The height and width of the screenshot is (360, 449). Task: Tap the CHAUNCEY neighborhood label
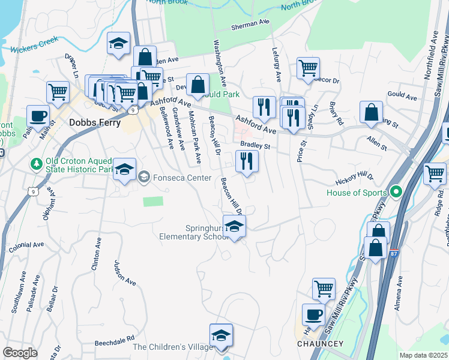(321, 344)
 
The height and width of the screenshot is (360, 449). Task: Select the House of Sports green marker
(396, 193)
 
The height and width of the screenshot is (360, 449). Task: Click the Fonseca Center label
(180, 178)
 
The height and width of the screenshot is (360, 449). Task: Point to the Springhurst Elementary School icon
(234, 227)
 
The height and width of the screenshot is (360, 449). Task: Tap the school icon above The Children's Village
(221, 336)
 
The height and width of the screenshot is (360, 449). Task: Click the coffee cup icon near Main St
(38, 116)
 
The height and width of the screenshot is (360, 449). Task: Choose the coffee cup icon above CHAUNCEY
(313, 314)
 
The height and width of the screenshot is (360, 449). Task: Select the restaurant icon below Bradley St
(247, 161)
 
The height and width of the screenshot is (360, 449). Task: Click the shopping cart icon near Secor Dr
(308, 68)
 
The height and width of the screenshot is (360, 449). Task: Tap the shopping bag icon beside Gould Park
(197, 85)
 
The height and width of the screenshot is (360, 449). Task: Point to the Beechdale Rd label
(114, 341)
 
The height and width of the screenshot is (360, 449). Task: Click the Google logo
(20, 352)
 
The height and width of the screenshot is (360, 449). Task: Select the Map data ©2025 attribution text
(423, 355)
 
